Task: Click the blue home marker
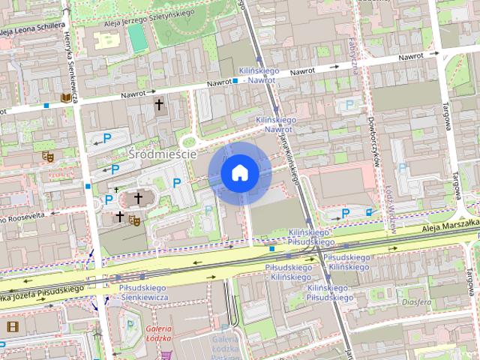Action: [239, 173]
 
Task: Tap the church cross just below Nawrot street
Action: [158, 105]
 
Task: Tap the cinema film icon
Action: [12, 326]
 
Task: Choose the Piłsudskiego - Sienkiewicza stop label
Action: [143, 292]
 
